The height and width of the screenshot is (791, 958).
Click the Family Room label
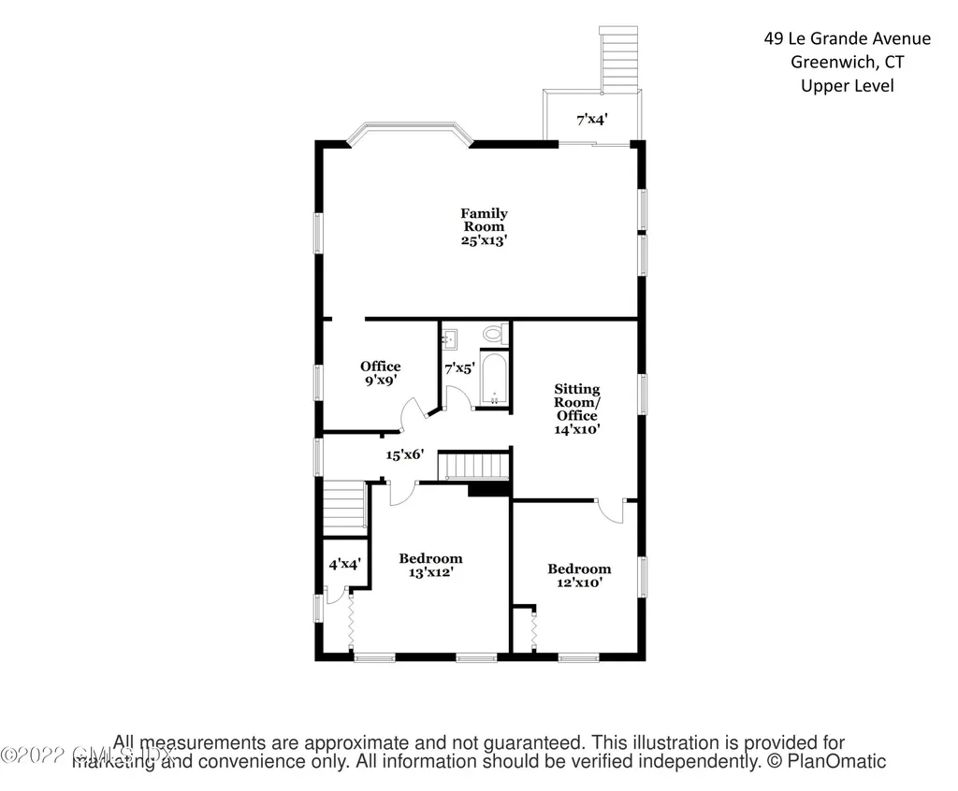point(484,220)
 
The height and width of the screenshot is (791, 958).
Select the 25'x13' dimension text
point(484,240)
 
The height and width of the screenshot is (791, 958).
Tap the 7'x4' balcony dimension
point(592,119)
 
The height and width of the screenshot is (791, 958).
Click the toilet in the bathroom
point(493,333)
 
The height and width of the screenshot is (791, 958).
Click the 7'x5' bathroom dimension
point(459,369)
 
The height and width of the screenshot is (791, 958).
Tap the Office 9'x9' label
point(381,373)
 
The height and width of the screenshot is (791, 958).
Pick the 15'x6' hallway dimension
point(406,454)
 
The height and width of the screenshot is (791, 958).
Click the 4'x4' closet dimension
point(344,565)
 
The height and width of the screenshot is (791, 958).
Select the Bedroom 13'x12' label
point(430,565)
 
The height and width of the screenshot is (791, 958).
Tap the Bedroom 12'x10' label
point(579,574)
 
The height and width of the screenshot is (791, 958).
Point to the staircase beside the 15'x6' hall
point(475,465)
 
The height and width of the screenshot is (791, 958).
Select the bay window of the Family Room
point(407,133)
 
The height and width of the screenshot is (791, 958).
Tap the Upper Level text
point(847,86)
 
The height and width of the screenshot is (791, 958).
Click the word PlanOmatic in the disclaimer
point(840,761)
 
